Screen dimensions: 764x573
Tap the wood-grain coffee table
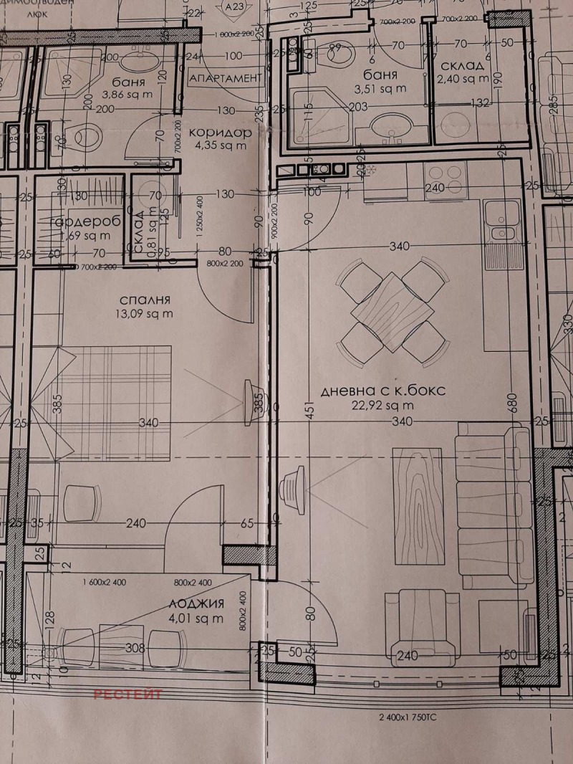(x=416, y=504)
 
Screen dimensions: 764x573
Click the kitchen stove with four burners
(x=445, y=174)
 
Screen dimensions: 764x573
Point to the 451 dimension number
(x=309, y=416)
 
